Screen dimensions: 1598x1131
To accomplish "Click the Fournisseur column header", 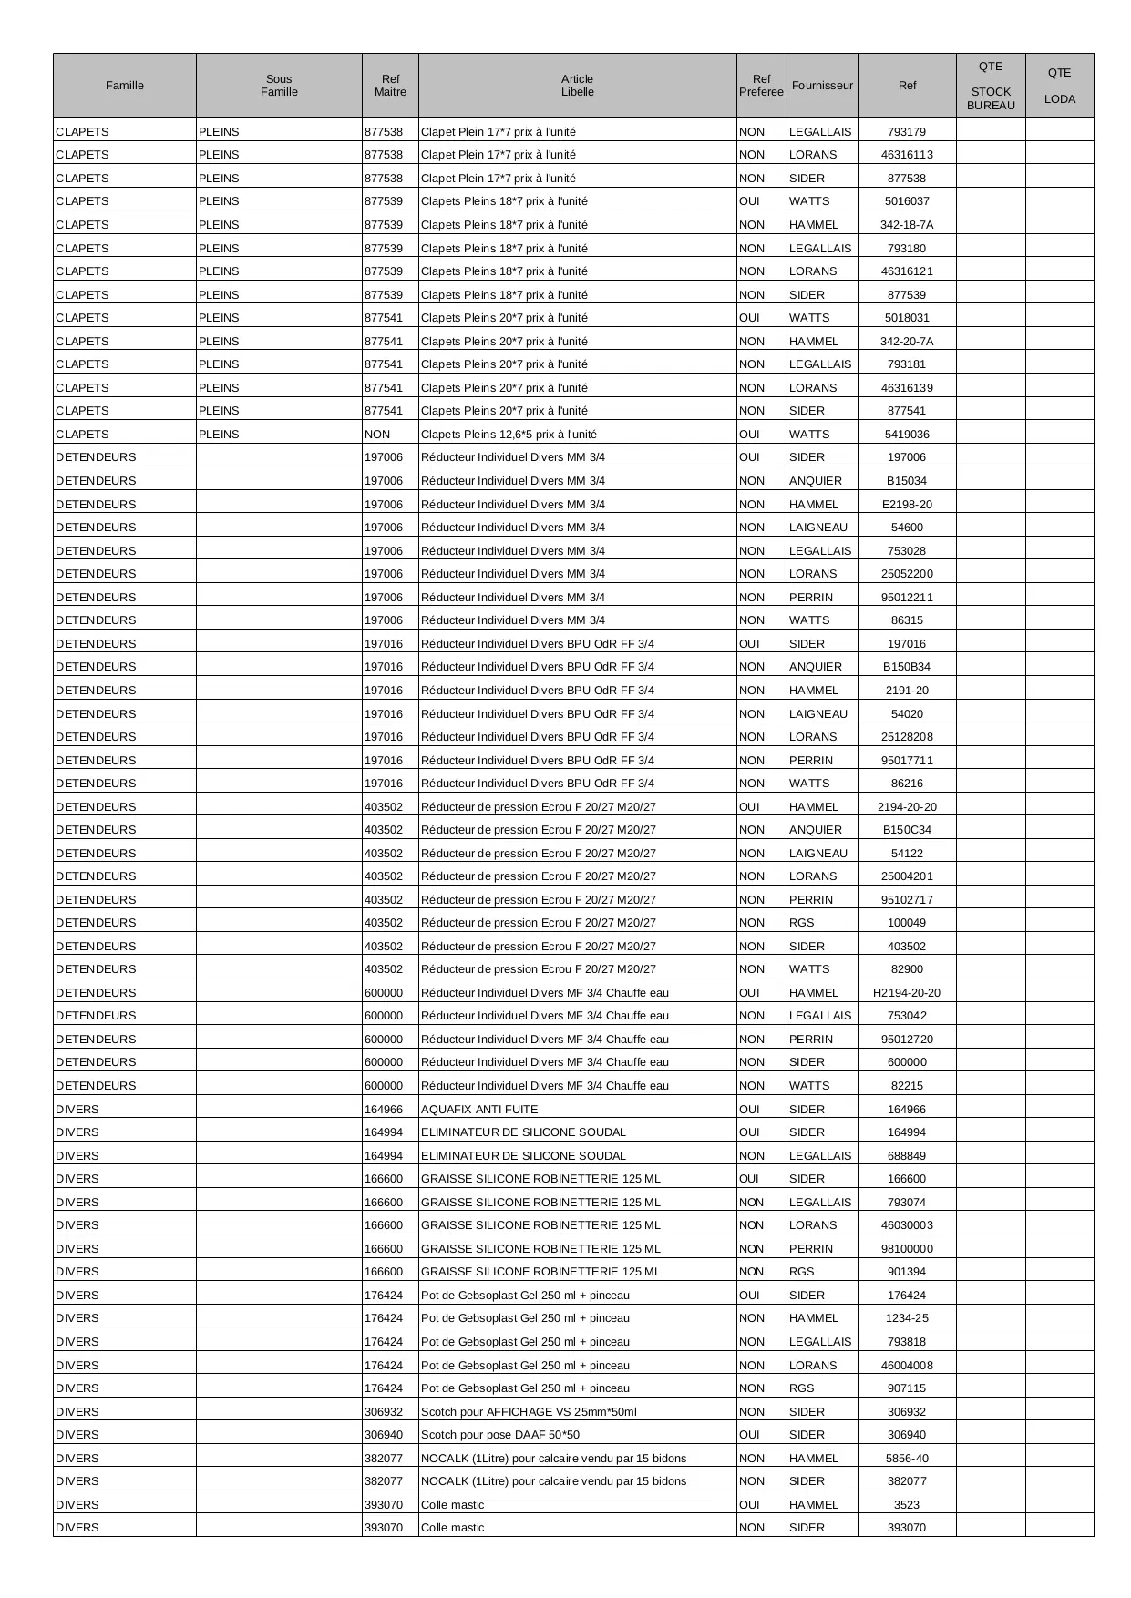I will click(822, 86).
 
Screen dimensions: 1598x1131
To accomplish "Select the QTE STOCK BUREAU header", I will click(991, 86).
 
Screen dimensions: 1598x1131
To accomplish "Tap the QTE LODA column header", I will click(1059, 86).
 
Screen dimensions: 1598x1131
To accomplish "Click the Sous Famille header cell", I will click(279, 86).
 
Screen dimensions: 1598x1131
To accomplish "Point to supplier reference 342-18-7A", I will click(906, 225).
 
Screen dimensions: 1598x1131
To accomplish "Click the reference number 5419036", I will click(906, 435).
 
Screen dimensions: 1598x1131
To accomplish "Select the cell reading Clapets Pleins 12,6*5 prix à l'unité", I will click(509, 435).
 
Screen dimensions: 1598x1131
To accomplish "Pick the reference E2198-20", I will click(906, 505).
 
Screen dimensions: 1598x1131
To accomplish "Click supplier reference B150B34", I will click(906, 667).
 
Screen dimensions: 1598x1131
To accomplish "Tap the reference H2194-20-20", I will click(906, 993).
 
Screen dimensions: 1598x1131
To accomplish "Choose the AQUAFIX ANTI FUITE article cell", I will click(479, 1110).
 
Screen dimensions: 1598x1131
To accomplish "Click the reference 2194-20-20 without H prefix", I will click(906, 807).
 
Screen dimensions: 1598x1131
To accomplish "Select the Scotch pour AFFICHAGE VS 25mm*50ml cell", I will click(529, 1412).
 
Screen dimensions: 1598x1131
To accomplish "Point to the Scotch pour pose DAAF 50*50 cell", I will click(500, 1435).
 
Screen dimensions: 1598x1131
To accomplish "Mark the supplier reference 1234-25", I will click(906, 1318).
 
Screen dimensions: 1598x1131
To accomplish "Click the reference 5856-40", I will click(906, 1459).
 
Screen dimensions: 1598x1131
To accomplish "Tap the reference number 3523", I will click(906, 1505).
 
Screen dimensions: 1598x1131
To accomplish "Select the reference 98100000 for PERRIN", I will click(906, 1249).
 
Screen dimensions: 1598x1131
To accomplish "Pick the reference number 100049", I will click(906, 923).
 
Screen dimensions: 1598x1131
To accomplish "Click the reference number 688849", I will click(906, 1156).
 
